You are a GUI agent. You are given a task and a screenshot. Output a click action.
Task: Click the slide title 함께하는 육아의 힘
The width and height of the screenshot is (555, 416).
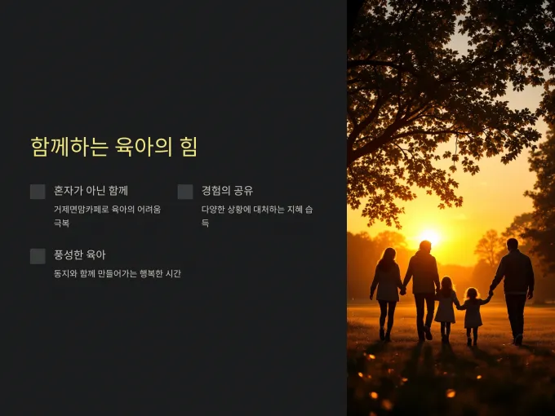pyautogui.click(x=113, y=147)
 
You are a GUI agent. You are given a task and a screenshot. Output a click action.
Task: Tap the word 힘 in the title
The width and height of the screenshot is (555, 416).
pyautogui.click(x=189, y=147)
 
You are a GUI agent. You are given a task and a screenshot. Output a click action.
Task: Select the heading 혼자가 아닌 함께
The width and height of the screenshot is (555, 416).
pyautogui.click(x=91, y=191)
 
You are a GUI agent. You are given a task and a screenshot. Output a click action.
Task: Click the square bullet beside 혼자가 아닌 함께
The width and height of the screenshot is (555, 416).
pyautogui.click(x=38, y=192)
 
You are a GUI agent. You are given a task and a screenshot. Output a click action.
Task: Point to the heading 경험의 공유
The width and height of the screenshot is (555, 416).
pyautogui.click(x=227, y=191)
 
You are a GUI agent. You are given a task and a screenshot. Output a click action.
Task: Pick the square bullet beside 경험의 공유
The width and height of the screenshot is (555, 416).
pyautogui.click(x=185, y=192)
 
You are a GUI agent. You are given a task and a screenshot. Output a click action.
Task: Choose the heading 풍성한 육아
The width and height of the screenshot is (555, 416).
pyautogui.click(x=80, y=254)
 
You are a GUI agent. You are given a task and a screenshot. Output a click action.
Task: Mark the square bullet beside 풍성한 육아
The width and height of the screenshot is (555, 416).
pyautogui.click(x=38, y=256)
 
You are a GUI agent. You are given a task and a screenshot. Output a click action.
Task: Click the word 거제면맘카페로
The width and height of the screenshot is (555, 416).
pyautogui.click(x=81, y=210)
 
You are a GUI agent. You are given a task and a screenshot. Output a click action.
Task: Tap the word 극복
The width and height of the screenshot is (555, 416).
pyautogui.click(x=61, y=223)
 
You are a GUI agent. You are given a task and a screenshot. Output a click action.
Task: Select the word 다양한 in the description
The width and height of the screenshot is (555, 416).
pyautogui.click(x=213, y=210)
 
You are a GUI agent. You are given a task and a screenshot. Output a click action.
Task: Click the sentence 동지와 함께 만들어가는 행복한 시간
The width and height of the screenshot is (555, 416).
pyautogui.click(x=118, y=273)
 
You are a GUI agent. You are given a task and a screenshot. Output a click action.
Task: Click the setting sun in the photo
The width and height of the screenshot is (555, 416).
pyautogui.click(x=429, y=237)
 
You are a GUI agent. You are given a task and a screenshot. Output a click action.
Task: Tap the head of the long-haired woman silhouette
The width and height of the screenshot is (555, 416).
pyautogui.click(x=388, y=254)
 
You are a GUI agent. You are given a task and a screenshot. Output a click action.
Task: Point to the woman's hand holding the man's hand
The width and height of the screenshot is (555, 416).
pyautogui.click(x=402, y=291)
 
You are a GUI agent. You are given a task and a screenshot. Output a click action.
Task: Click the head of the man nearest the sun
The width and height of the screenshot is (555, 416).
pyautogui.click(x=425, y=246)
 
